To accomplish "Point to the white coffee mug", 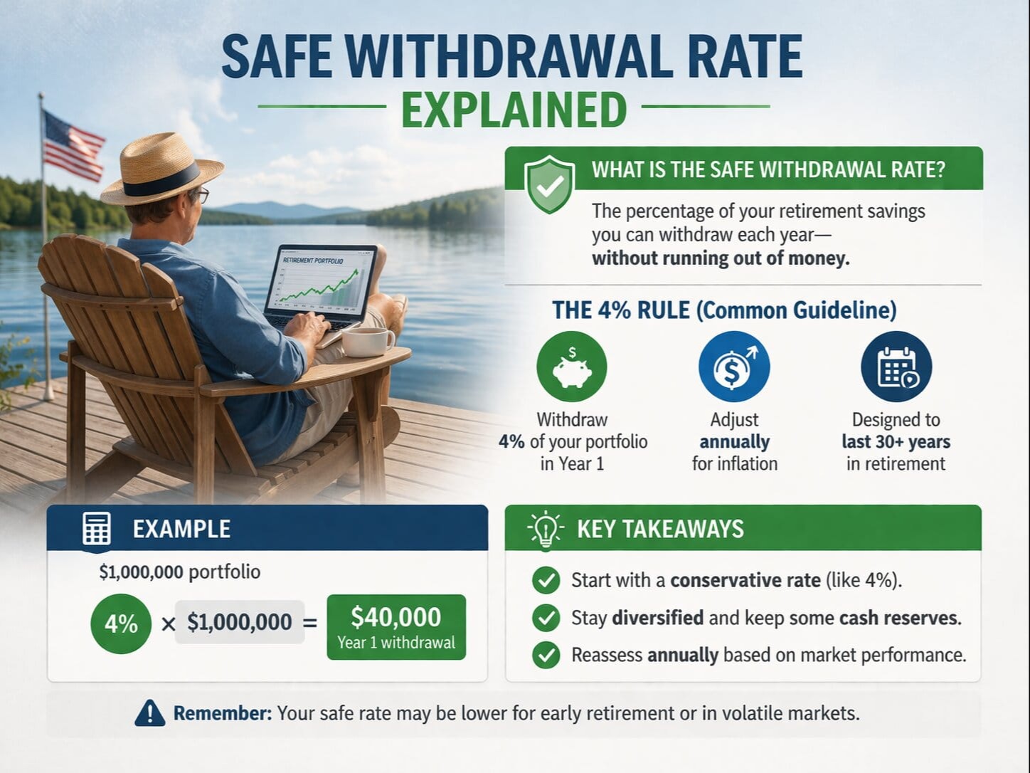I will click(x=366, y=342).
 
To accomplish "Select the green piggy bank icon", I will click(x=572, y=367).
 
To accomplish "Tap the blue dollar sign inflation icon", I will click(x=734, y=367).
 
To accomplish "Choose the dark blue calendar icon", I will click(x=896, y=367).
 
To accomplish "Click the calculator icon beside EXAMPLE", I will click(x=97, y=530).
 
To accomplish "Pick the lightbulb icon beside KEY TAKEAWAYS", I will click(x=546, y=530).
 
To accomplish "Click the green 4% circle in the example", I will click(x=121, y=624).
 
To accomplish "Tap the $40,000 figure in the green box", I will click(x=396, y=616).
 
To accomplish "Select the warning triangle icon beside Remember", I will click(x=149, y=712).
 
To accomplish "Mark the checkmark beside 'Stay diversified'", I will click(x=546, y=617).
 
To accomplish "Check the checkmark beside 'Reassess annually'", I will click(x=546, y=655).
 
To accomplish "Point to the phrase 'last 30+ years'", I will click(x=896, y=442).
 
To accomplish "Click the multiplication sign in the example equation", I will click(x=168, y=624).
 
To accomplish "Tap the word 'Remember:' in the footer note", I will click(x=223, y=713).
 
